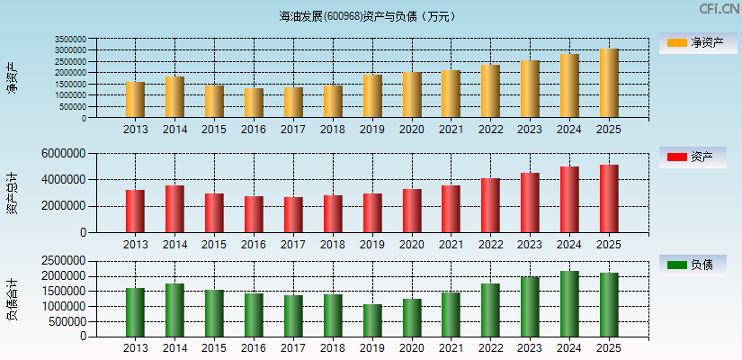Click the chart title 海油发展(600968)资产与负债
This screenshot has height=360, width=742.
[368, 16]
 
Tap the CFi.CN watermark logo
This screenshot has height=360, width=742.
[718, 9]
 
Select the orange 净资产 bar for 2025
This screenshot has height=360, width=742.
[609, 83]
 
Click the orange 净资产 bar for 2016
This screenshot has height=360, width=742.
[254, 103]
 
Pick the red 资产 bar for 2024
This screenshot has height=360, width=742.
[569, 199]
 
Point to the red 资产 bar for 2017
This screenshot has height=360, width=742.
[293, 214]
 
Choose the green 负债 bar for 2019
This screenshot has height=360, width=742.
[372, 320]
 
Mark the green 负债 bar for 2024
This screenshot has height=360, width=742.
[569, 303]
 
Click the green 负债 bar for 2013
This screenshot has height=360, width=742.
[136, 312]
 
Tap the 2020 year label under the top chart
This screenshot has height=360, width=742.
[412, 130]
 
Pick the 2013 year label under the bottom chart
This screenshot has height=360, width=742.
[136, 348]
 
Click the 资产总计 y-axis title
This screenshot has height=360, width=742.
[13, 193]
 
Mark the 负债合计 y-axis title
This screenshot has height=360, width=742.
[13, 300]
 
